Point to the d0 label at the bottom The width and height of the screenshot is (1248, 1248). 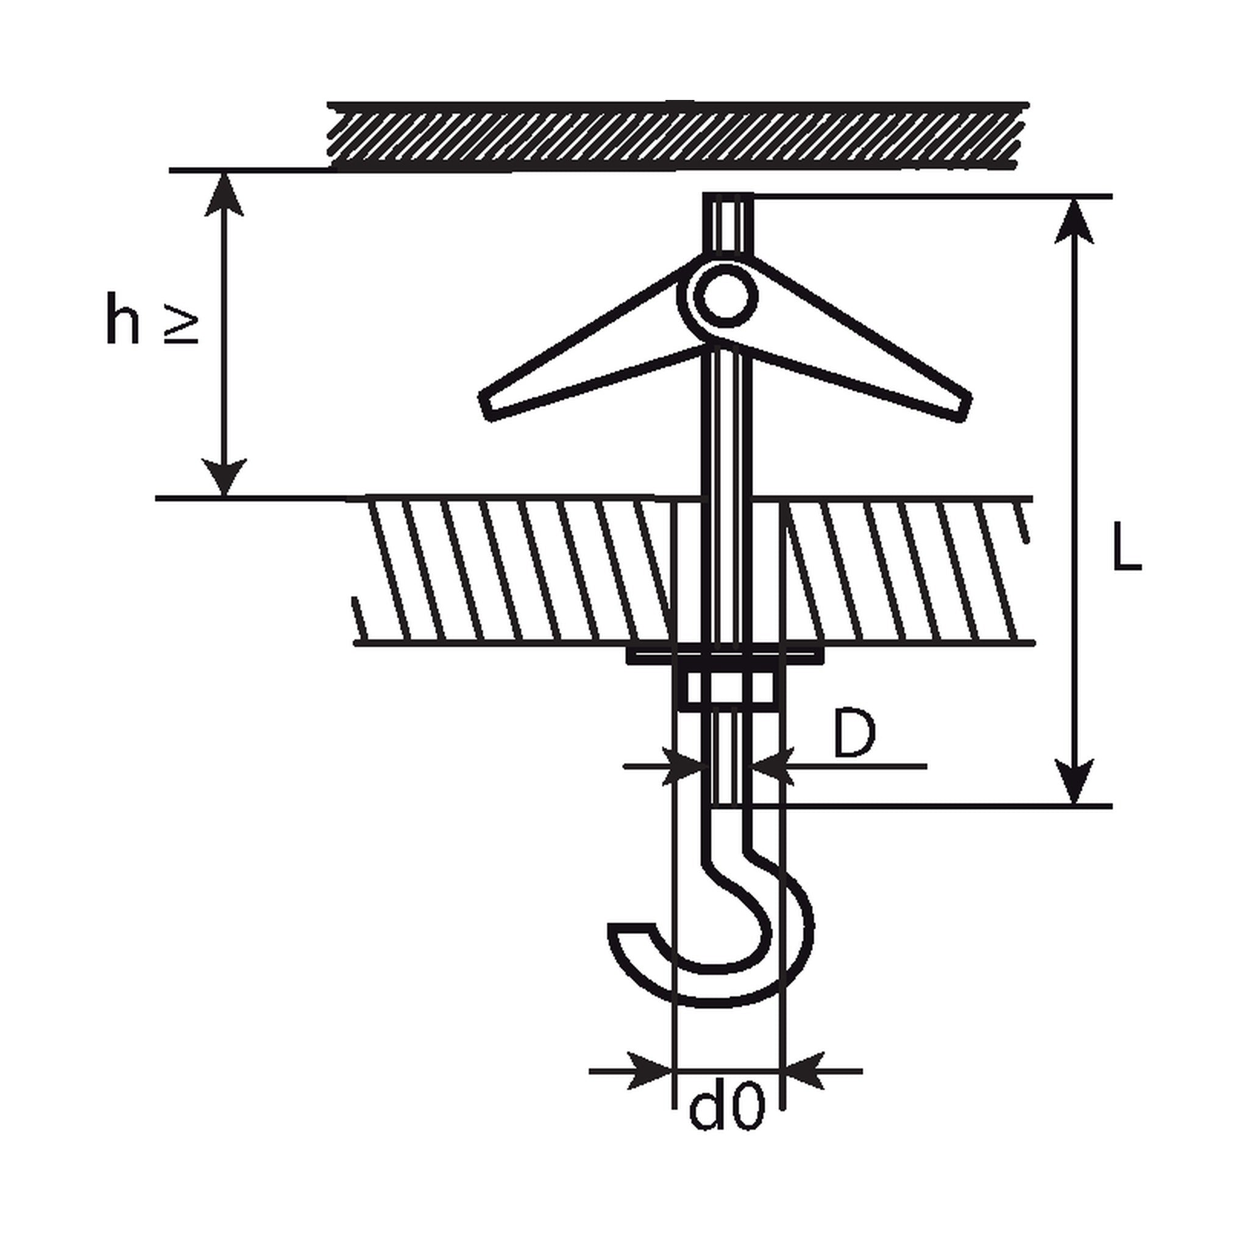[x=727, y=1109]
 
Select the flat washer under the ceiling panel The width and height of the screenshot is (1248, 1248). [x=725, y=655]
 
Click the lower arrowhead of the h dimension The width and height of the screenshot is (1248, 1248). [x=224, y=476]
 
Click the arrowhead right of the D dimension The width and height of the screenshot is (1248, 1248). [x=774, y=766]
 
